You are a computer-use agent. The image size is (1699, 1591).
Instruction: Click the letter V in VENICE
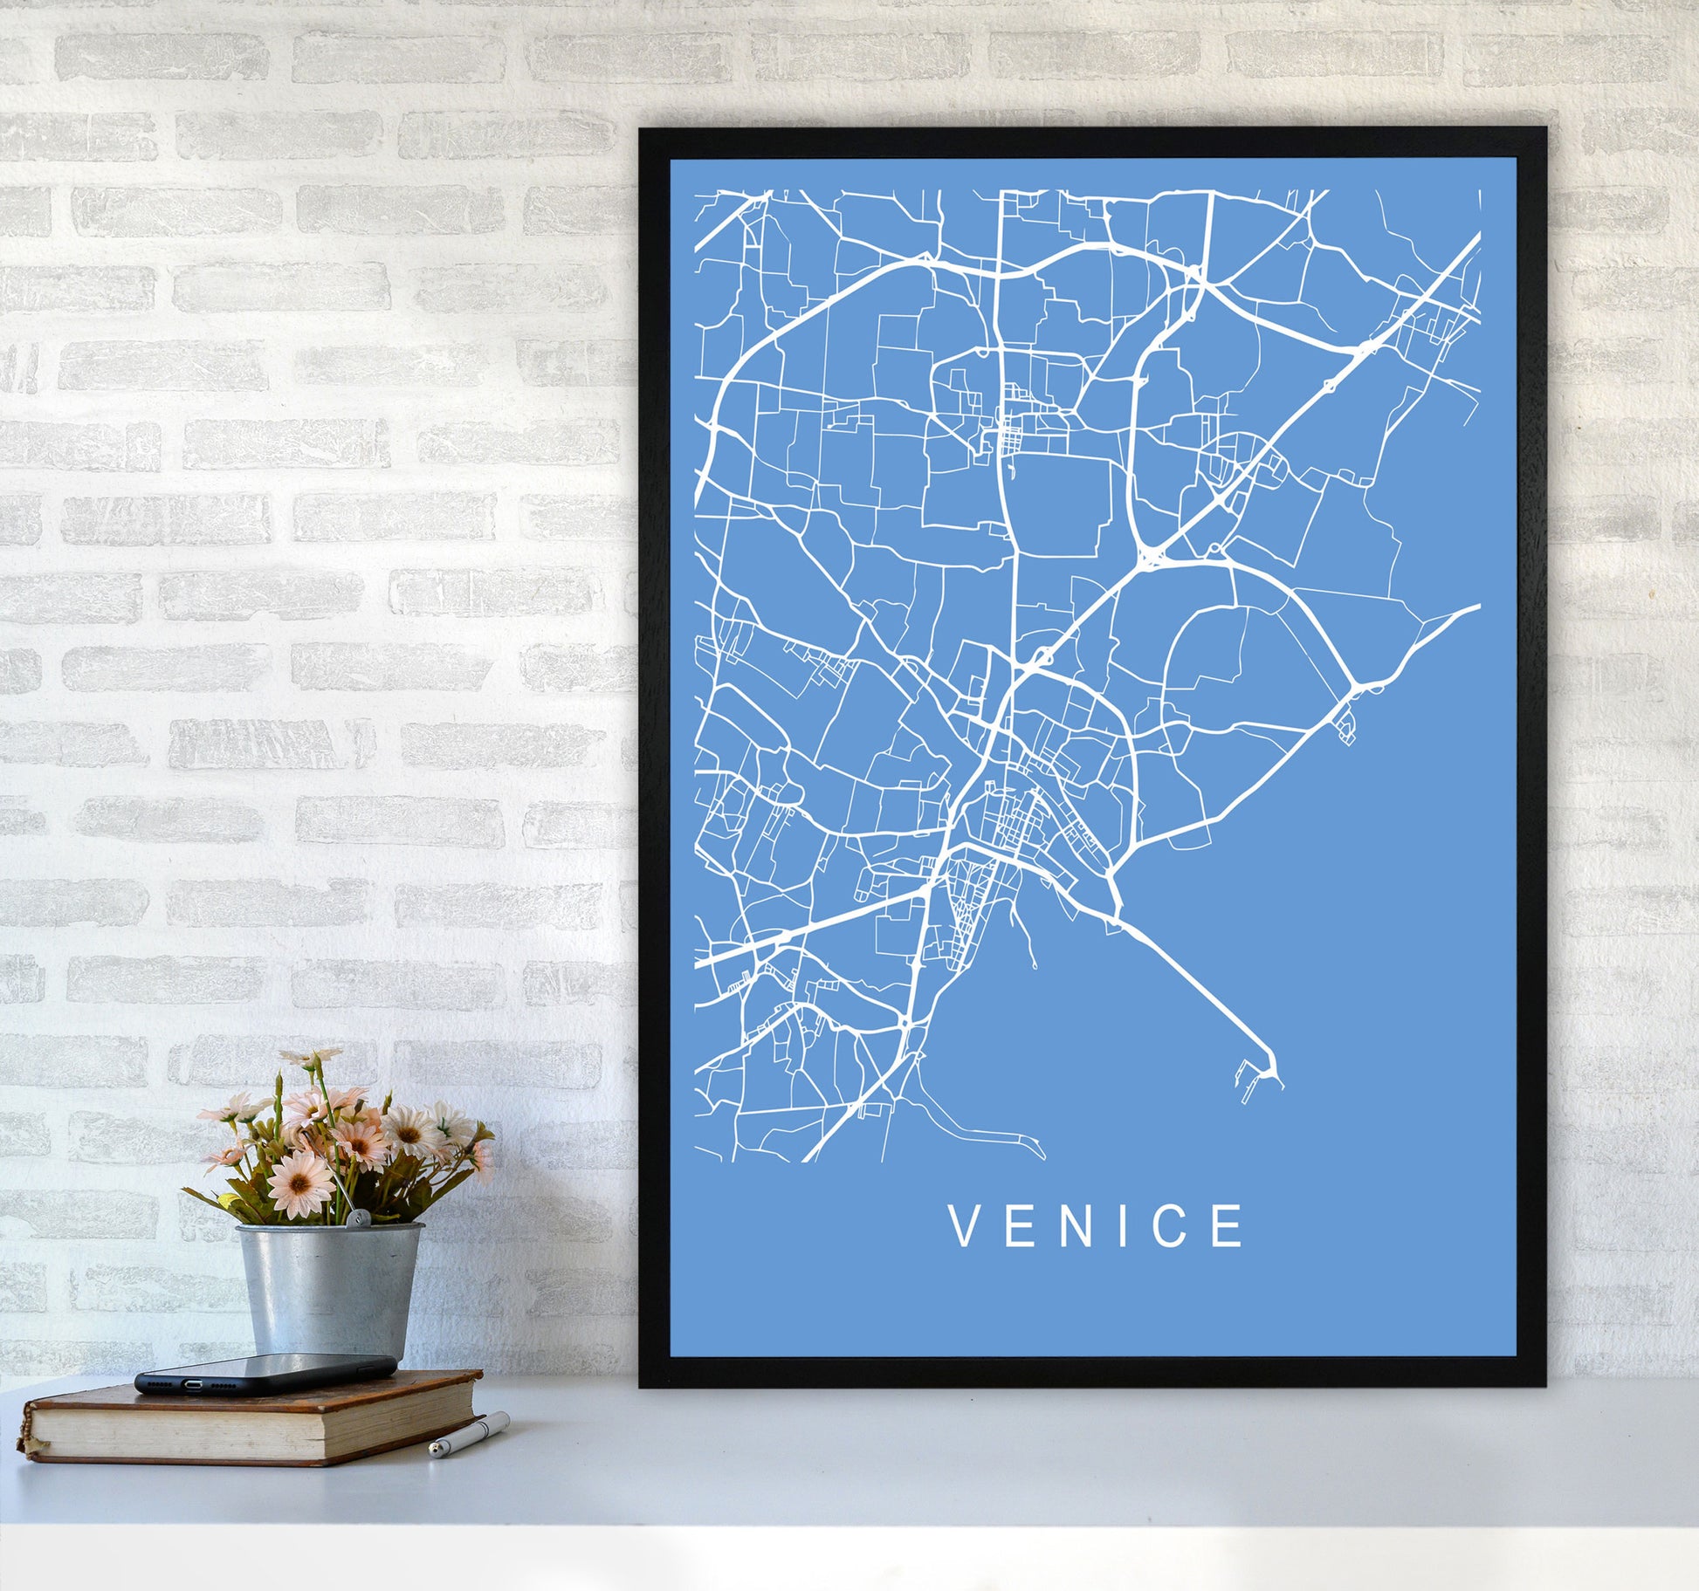pyautogui.click(x=964, y=1226)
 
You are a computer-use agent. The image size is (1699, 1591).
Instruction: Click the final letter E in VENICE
pyautogui.click(x=1228, y=1226)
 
